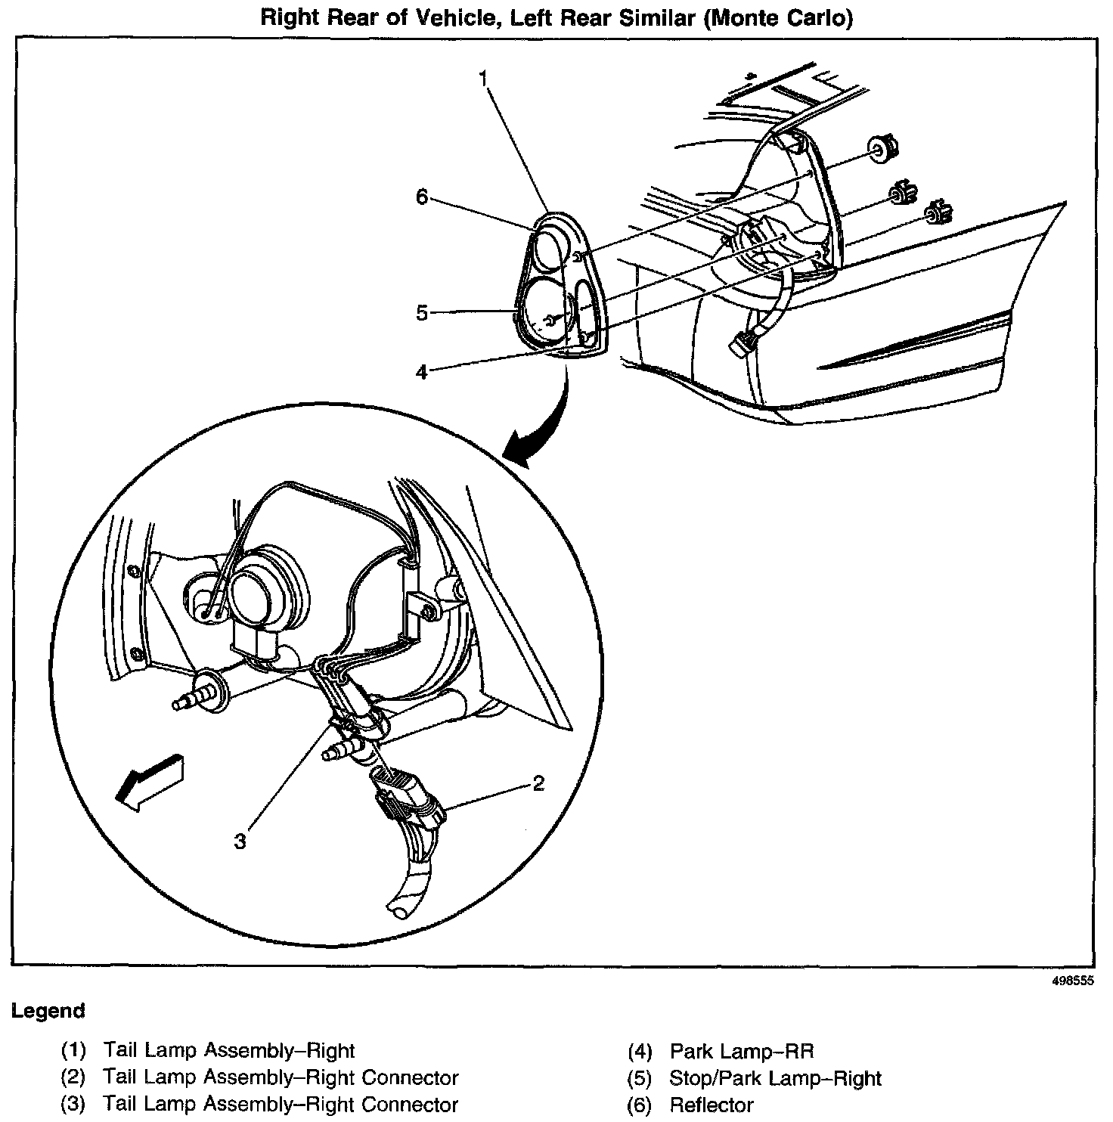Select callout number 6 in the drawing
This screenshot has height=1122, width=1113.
tap(421, 197)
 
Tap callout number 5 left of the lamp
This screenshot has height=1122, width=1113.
tap(422, 312)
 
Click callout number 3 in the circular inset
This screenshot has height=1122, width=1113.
tap(240, 841)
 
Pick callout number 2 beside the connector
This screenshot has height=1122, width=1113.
tap(538, 784)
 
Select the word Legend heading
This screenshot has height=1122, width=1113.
tap(48, 1011)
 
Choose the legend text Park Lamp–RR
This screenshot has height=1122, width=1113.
tap(741, 1051)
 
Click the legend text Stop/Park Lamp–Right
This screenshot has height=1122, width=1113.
tap(775, 1078)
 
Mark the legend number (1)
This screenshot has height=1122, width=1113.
tap(74, 1051)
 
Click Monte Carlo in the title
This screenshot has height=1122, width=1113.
tap(777, 18)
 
